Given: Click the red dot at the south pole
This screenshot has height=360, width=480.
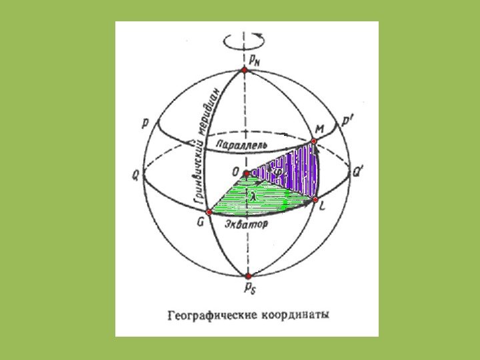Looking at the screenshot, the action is point(248,275).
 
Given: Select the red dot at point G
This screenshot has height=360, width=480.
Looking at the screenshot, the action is point(209,211).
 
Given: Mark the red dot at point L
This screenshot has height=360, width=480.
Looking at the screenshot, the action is point(315,199).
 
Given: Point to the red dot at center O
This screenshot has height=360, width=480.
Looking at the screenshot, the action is point(247,174).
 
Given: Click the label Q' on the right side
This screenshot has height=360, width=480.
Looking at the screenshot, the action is point(358,171).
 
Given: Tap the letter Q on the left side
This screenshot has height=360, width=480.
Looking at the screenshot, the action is point(136,175).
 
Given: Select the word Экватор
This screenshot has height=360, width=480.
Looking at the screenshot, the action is point(246,225).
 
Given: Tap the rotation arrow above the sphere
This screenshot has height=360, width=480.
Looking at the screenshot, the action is point(246,40).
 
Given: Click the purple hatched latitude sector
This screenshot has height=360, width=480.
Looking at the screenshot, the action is point(293,170).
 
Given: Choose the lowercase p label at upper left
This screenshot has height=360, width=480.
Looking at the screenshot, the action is point(145,124).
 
